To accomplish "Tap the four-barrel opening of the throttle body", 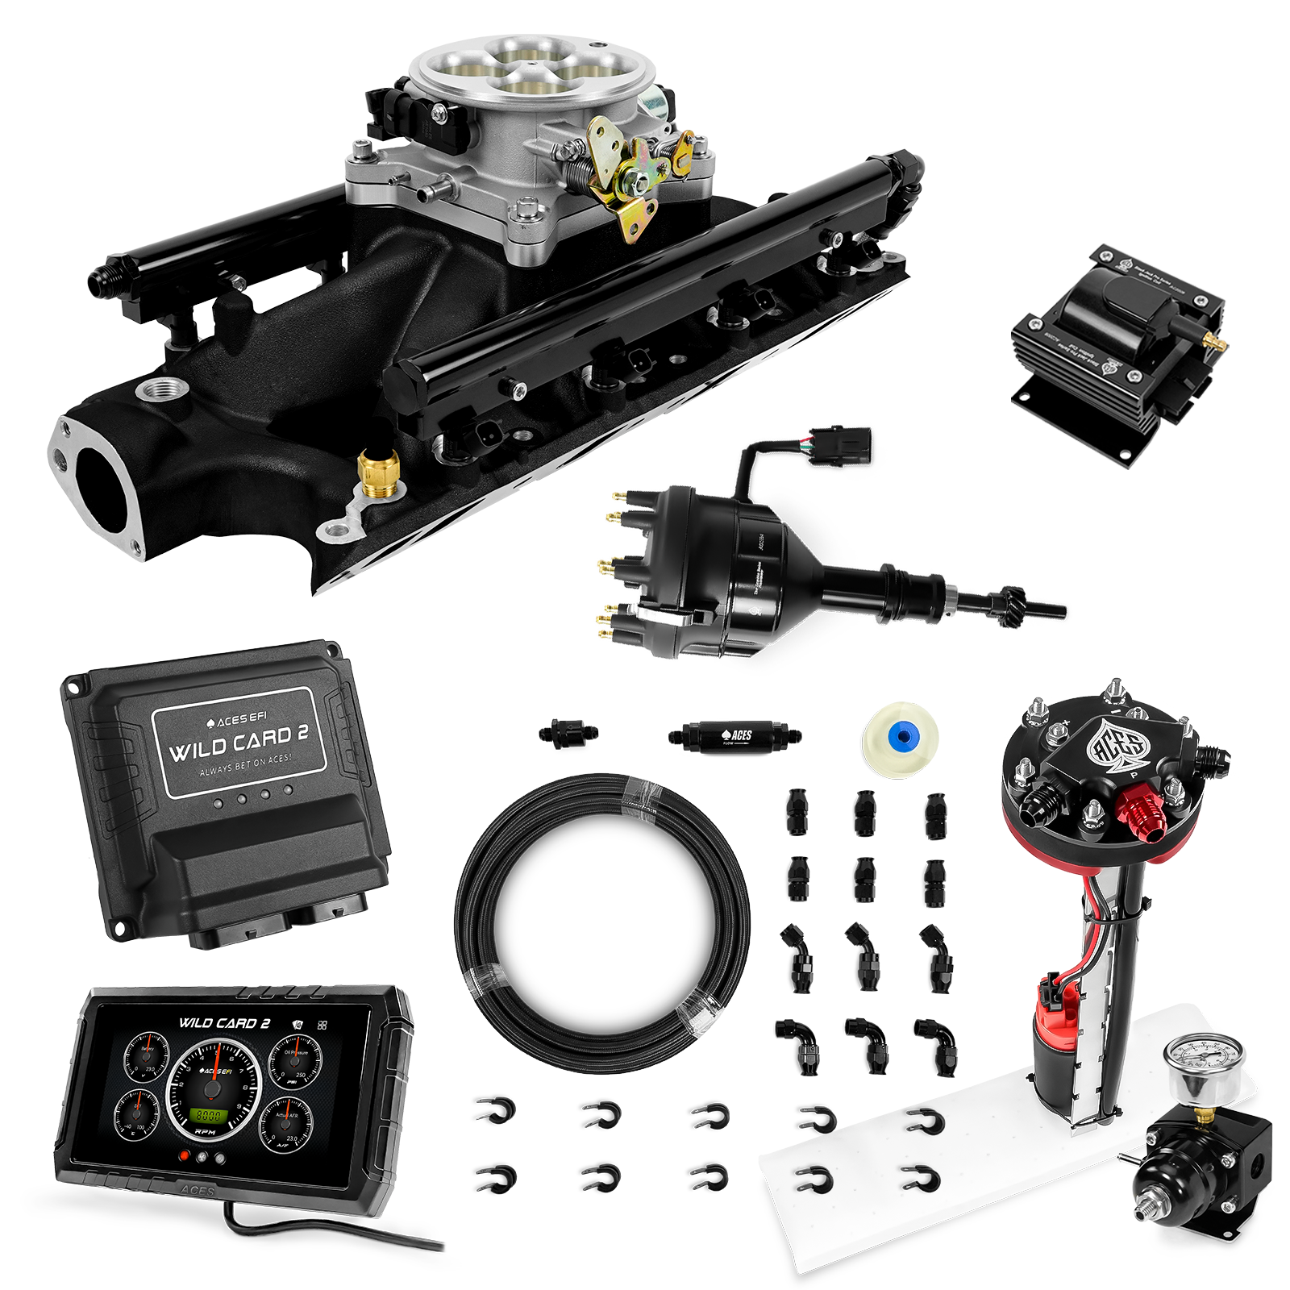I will [x=530, y=69].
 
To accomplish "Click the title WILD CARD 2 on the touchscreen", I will [x=223, y=1023].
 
